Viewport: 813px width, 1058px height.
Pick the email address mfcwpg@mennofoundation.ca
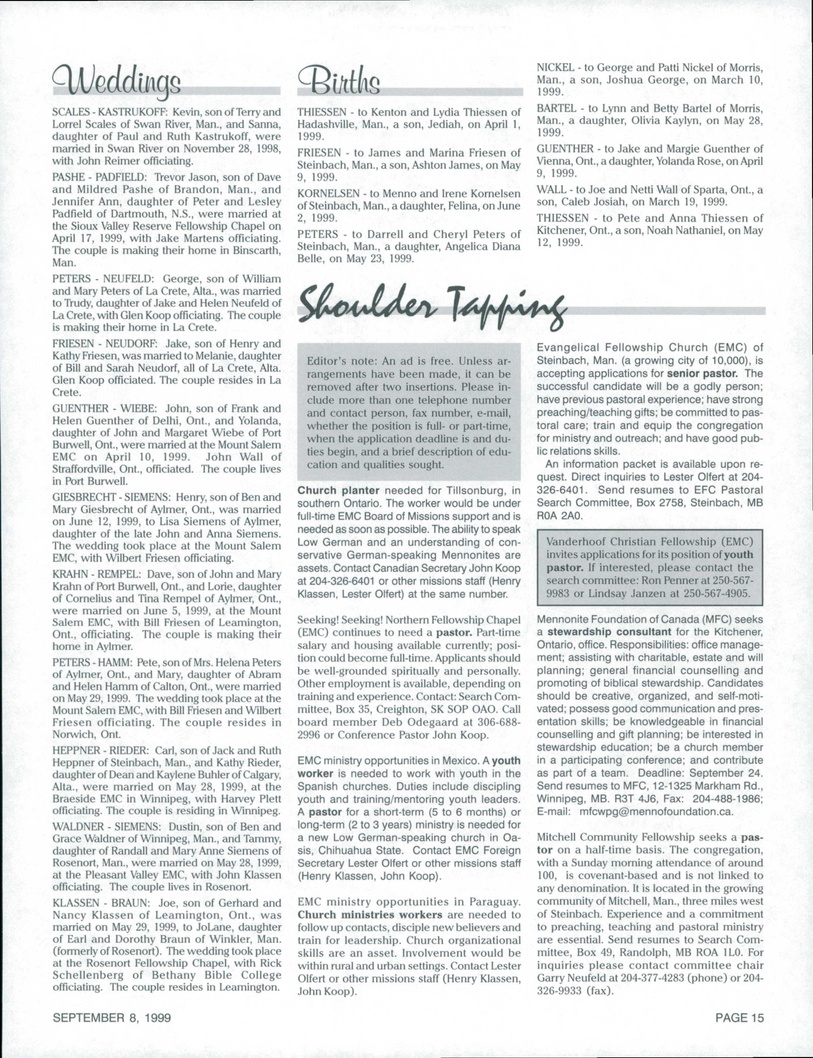coord(656,811)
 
